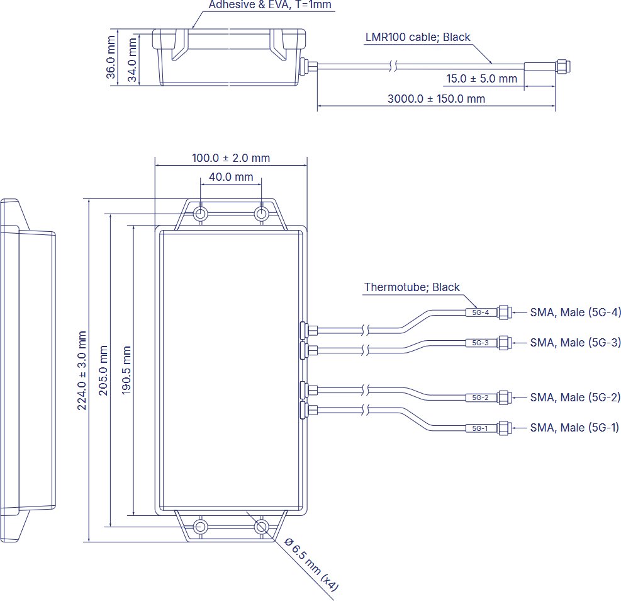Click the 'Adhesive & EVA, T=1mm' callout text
tap(269, 6)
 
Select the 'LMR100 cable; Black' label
tap(418, 37)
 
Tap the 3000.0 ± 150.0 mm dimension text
tap(436, 99)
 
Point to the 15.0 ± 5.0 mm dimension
tap(481, 79)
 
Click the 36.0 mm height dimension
tap(111, 57)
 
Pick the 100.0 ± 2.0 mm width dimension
tap(230, 158)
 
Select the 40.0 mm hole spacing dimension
tap(231, 177)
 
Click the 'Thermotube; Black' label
tap(411, 287)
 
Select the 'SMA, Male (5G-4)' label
tap(575, 312)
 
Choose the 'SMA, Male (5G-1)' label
tap(574, 428)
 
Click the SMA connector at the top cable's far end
tap(561, 65)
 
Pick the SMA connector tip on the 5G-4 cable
tap(503, 312)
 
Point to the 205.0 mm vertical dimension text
tap(104, 370)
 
